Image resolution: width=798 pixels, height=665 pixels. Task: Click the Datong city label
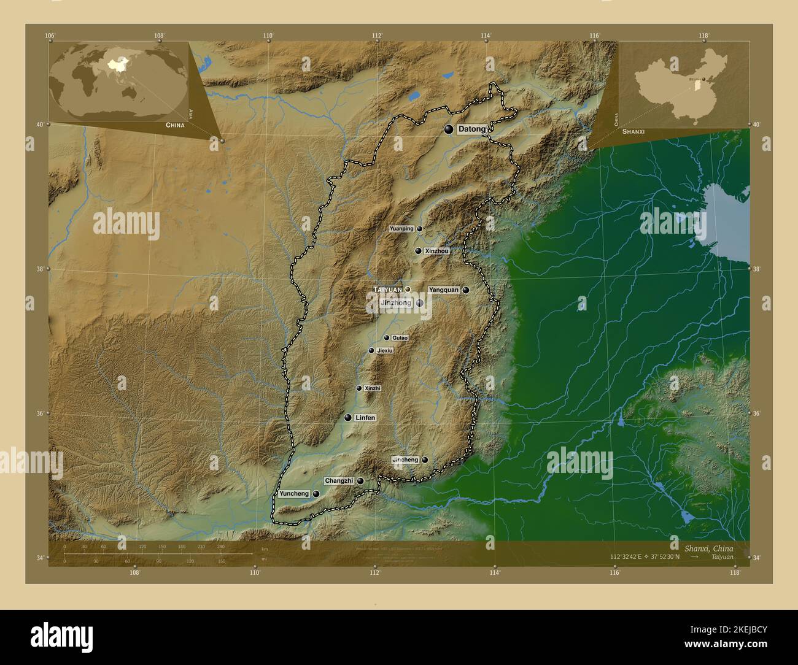pos(471,129)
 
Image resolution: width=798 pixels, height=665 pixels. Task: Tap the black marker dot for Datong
pos(449,129)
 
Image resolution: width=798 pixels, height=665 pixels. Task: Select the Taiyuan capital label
pos(387,290)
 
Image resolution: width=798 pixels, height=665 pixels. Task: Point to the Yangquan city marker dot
pos(466,290)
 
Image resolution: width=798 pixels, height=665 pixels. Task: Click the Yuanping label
pos(401,229)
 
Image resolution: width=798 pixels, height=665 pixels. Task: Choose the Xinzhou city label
pos(436,251)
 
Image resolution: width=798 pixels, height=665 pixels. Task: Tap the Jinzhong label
pos(396,303)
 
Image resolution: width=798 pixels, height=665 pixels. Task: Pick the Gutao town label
pos(400,338)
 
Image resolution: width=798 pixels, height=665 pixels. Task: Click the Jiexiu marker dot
pos(371,351)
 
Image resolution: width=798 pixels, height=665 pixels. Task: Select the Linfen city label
pos(365,418)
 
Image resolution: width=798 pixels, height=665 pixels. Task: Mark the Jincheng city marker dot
pos(424,459)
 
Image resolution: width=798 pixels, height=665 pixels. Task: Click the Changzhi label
pos(339,481)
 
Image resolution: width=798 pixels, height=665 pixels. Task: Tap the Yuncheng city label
pos(294,494)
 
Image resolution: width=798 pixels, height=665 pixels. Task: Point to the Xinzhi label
pos(373,388)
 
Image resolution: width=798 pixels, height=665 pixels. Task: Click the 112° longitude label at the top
pos(376,36)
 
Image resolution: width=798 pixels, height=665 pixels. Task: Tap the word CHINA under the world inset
pos(174,125)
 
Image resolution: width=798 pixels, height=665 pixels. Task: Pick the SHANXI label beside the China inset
pos(633,132)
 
